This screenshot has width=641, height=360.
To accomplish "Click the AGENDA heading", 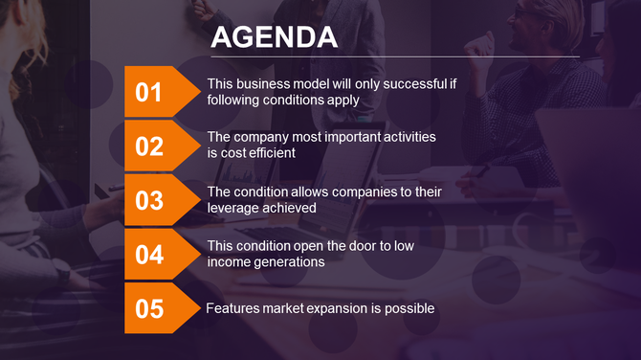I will coord(274,36).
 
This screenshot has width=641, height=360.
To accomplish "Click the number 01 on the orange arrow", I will coord(149,93).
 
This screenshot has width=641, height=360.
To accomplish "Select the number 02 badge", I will coord(149,146).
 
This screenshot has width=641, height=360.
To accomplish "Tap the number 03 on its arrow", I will coord(149,201).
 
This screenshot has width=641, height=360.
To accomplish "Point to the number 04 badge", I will coord(149,255).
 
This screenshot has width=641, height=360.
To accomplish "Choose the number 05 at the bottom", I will coord(149,309).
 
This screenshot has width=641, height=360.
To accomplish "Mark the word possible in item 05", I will coord(409,308).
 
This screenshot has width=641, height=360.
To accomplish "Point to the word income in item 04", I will coord(229,261).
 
